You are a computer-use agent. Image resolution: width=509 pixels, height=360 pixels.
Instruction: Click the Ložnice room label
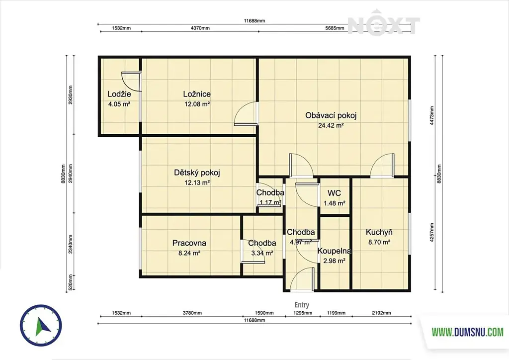197,94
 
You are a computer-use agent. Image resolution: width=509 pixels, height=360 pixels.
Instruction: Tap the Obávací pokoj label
331,115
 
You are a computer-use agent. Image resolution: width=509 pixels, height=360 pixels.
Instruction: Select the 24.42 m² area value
331,126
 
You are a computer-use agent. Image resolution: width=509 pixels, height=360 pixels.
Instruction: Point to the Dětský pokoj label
197,173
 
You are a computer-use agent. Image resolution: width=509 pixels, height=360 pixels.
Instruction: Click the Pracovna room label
189,243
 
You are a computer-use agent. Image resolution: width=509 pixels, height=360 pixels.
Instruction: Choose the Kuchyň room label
379,232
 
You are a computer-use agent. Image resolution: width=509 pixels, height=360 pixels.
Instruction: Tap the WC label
334,193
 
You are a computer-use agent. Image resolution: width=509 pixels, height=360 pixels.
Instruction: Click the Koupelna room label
335,251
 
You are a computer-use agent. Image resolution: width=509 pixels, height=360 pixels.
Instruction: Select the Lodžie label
119,94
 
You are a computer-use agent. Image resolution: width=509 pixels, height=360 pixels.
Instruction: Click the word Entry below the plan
302,305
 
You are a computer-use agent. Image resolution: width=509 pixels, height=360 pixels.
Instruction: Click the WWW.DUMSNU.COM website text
467,332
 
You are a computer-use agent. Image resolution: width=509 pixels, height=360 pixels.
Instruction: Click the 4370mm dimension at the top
200,28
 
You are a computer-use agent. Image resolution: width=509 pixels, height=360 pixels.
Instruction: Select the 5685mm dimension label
335,28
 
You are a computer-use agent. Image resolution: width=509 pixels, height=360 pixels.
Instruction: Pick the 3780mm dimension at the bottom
192,313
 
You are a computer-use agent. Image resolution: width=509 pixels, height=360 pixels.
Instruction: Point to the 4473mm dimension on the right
432,116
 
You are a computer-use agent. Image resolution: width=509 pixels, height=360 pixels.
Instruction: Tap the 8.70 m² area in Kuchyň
379,242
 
